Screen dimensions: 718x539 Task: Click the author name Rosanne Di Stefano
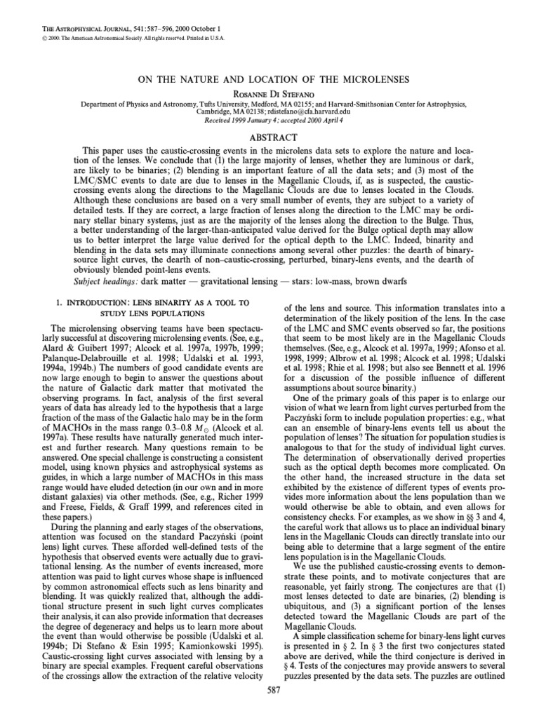[269, 91]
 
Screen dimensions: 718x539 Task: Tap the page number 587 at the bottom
[269, 708]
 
